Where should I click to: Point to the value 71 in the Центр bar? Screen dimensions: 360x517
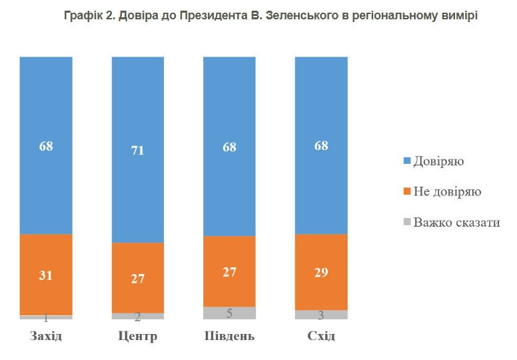point(137,151)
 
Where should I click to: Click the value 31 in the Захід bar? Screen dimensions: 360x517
point(45,275)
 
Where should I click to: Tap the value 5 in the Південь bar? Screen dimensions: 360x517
point(229,313)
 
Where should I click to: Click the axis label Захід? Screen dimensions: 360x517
point(45,335)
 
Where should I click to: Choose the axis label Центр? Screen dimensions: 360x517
point(137,335)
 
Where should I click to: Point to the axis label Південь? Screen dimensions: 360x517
point(229,335)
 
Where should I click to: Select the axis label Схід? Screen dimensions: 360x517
point(321,335)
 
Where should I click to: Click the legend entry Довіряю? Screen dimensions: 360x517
point(438,161)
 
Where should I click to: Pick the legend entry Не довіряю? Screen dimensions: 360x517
point(447,192)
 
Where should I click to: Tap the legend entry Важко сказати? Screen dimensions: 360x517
point(456,222)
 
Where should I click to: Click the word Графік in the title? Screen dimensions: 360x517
point(83,14)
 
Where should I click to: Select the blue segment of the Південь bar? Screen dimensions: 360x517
point(229,100)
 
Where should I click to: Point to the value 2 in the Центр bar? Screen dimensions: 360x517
point(137,317)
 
